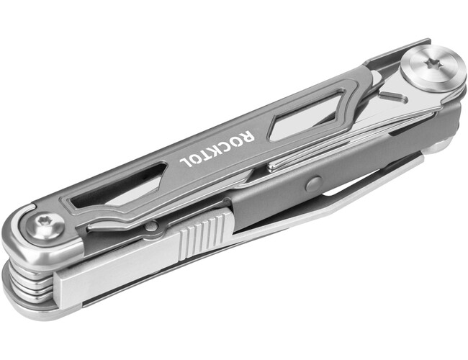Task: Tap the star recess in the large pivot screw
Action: [x=432, y=63]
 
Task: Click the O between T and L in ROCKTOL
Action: [x=195, y=160]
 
